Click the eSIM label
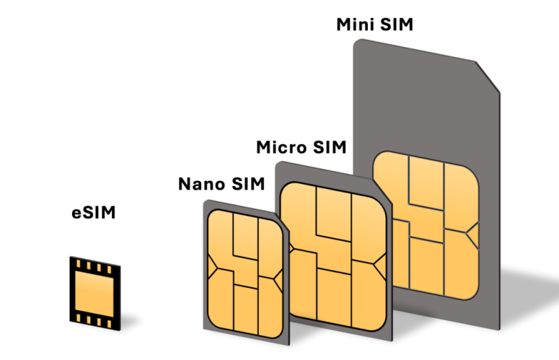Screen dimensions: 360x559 tap(94, 213)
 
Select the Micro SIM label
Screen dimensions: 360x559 tap(301, 148)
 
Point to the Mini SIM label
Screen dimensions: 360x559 tap(375, 25)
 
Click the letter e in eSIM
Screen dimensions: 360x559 tap(76, 214)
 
